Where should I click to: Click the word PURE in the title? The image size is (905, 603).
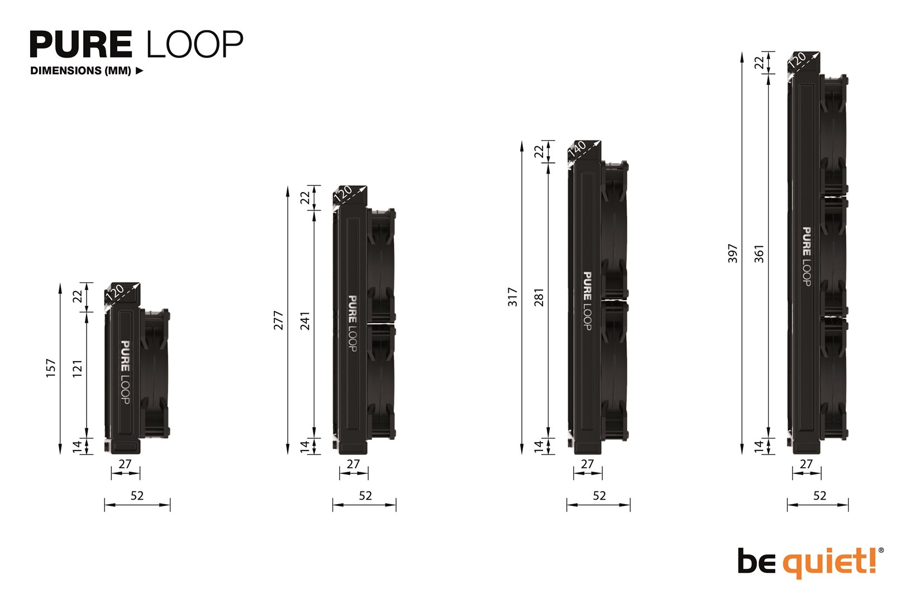point(81,45)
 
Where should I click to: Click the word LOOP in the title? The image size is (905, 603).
point(194,45)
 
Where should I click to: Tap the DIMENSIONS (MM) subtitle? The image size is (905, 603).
point(81,71)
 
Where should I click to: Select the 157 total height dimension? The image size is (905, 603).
point(51,368)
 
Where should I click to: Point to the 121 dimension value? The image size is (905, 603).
point(78,368)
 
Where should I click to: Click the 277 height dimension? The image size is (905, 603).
point(278,320)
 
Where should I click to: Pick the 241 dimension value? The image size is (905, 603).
point(305,320)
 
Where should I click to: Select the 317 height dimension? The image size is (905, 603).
point(512,297)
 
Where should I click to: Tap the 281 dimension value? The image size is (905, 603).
point(539,297)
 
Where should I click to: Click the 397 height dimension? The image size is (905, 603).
point(732,253)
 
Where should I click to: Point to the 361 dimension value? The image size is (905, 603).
point(759,253)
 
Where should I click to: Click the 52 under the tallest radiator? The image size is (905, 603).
point(820,496)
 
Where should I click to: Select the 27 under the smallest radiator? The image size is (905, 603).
point(125,464)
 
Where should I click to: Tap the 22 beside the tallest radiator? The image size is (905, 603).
point(759,63)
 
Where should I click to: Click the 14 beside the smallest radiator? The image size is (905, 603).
point(78,446)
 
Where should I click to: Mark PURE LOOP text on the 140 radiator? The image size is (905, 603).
point(587,300)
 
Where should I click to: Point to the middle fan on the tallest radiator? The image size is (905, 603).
point(834,257)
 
